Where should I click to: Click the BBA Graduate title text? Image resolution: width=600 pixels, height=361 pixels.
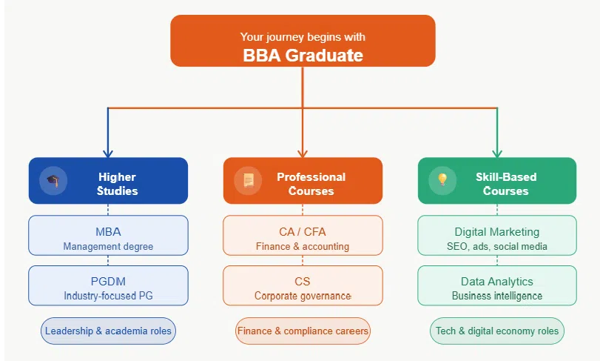tap(303, 55)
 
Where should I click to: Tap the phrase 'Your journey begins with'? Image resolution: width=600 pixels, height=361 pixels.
tap(303, 36)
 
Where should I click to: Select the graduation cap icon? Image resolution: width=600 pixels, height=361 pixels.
tap(53, 180)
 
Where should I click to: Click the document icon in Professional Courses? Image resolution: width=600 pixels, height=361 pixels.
tap(248, 180)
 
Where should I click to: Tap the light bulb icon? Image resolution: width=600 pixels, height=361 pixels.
tap(442, 180)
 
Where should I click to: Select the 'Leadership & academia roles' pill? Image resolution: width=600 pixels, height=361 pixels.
tap(108, 331)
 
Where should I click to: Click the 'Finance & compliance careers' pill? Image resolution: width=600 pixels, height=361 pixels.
tap(303, 331)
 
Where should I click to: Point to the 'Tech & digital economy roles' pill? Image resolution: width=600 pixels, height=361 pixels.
tap(496, 331)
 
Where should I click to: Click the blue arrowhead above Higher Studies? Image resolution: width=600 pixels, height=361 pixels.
tap(108, 153)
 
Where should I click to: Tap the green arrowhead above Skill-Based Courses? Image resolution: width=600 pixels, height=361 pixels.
tap(496, 153)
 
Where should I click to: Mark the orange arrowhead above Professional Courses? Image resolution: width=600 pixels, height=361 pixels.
tap(303, 153)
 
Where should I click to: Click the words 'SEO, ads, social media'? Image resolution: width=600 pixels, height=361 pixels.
tap(496, 246)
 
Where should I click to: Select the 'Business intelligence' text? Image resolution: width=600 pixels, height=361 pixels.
tap(496, 296)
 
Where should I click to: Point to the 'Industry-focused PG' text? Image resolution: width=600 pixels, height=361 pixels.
tap(108, 296)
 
